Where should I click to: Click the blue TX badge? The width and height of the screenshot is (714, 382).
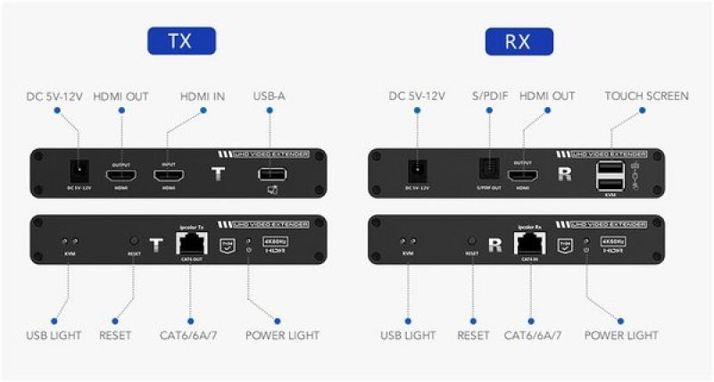click(181, 40)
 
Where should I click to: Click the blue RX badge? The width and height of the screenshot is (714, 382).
click(519, 40)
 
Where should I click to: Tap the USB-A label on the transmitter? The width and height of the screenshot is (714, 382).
click(269, 96)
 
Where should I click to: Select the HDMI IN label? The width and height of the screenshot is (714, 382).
click(203, 96)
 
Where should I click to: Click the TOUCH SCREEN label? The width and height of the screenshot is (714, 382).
click(646, 96)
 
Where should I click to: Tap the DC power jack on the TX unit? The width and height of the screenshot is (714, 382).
click(82, 172)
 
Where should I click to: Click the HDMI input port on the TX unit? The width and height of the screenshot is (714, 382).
click(169, 175)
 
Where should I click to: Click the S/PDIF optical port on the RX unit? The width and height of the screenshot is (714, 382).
click(488, 172)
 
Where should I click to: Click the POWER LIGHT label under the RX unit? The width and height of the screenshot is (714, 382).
click(621, 336)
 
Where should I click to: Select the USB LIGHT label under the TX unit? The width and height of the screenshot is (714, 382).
click(54, 336)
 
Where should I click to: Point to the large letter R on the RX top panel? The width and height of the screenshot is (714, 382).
click(563, 175)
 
